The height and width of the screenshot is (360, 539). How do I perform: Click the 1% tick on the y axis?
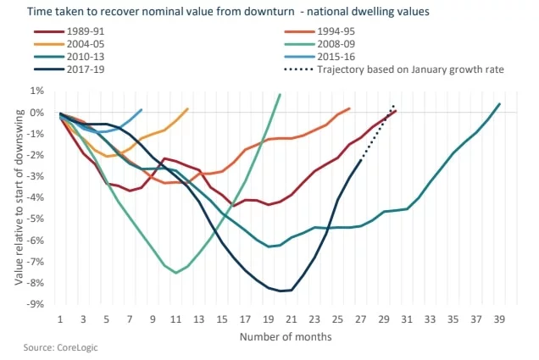click(38, 91)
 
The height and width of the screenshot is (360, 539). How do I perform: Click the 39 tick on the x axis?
click(498, 320)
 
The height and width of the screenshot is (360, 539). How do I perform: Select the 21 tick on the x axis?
click(291, 320)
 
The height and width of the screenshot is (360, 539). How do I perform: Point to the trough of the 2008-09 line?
click(175, 273)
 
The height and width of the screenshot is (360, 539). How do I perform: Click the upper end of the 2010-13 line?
click(499, 104)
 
